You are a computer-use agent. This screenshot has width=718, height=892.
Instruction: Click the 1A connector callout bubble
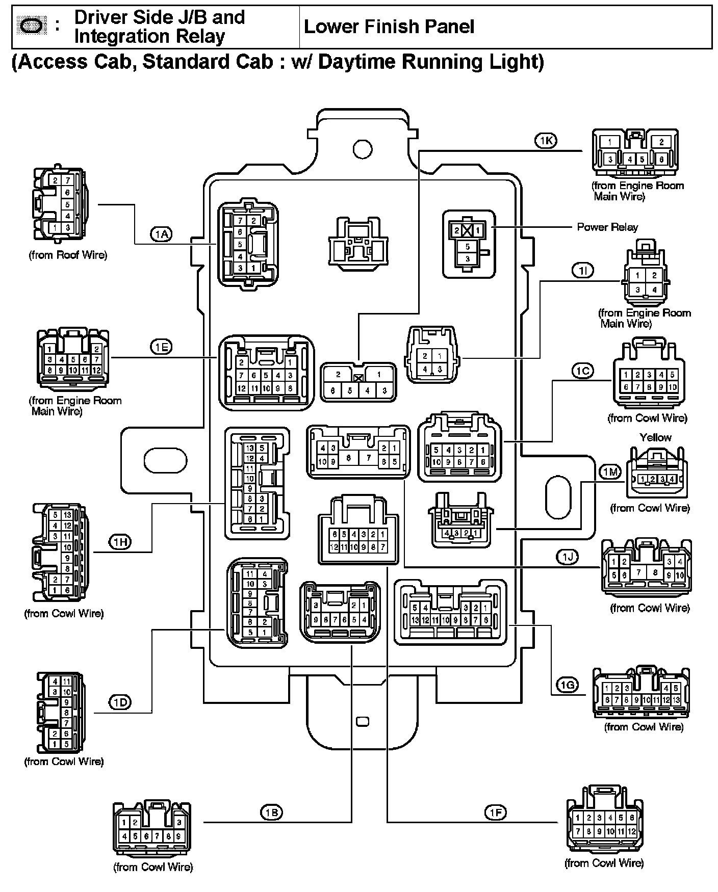pyautogui.click(x=161, y=234)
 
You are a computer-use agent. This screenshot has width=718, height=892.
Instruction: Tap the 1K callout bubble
pyautogui.click(x=546, y=140)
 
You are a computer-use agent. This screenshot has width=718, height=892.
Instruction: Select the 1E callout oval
pyautogui.click(x=161, y=347)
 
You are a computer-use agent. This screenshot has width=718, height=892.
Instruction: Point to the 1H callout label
pyautogui.click(x=120, y=542)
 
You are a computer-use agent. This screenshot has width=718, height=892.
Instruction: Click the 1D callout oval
pyautogui.click(x=120, y=702)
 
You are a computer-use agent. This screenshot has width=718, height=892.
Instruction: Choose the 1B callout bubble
pyautogui.click(x=271, y=812)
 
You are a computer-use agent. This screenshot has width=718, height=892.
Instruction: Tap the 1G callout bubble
pyautogui.click(x=567, y=685)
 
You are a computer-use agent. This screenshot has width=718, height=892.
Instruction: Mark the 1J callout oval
pyautogui.click(x=567, y=557)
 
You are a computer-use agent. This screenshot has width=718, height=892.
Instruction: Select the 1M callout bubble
pyautogui.click(x=610, y=472)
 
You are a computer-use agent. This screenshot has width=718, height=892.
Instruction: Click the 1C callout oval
pyautogui.click(x=582, y=371)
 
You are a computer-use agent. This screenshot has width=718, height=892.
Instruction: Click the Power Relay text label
pyautogui.click(x=607, y=227)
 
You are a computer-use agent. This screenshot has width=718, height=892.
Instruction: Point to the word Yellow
pyautogui.click(x=655, y=437)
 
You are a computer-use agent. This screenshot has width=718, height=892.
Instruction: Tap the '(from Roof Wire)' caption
pyautogui.click(x=68, y=255)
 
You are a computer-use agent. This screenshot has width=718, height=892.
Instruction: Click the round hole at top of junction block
pyautogui.click(x=362, y=149)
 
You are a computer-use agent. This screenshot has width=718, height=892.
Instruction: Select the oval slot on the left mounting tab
pyautogui.click(x=165, y=460)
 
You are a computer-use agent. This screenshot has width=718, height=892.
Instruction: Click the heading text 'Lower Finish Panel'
pyautogui.click(x=389, y=27)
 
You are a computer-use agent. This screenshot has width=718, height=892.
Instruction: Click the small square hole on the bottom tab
pyautogui.click(x=362, y=721)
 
